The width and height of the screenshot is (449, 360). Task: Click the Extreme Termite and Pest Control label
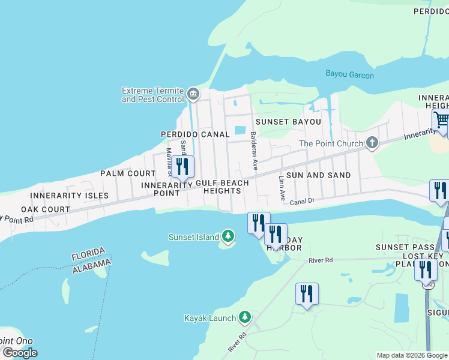(x=152, y=95)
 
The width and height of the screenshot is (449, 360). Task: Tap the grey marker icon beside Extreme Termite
(x=193, y=93)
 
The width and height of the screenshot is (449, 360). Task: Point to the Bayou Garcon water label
(x=349, y=75)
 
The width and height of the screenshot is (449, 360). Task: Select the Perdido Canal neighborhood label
(x=194, y=134)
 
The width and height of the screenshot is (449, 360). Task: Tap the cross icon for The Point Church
(x=372, y=143)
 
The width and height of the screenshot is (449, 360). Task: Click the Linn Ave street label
(x=281, y=188)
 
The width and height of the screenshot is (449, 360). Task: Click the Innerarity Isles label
(x=70, y=196)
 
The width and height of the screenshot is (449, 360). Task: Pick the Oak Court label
(x=46, y=209)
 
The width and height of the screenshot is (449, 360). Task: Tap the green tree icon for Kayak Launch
(x=244, y=317)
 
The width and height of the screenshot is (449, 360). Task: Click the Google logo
(x=20, y=353)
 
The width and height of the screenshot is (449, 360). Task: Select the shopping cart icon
(x=441, y=119)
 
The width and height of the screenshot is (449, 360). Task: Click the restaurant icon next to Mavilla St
(x=182, y=166)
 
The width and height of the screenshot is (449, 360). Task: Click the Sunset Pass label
(x=400, y=247)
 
